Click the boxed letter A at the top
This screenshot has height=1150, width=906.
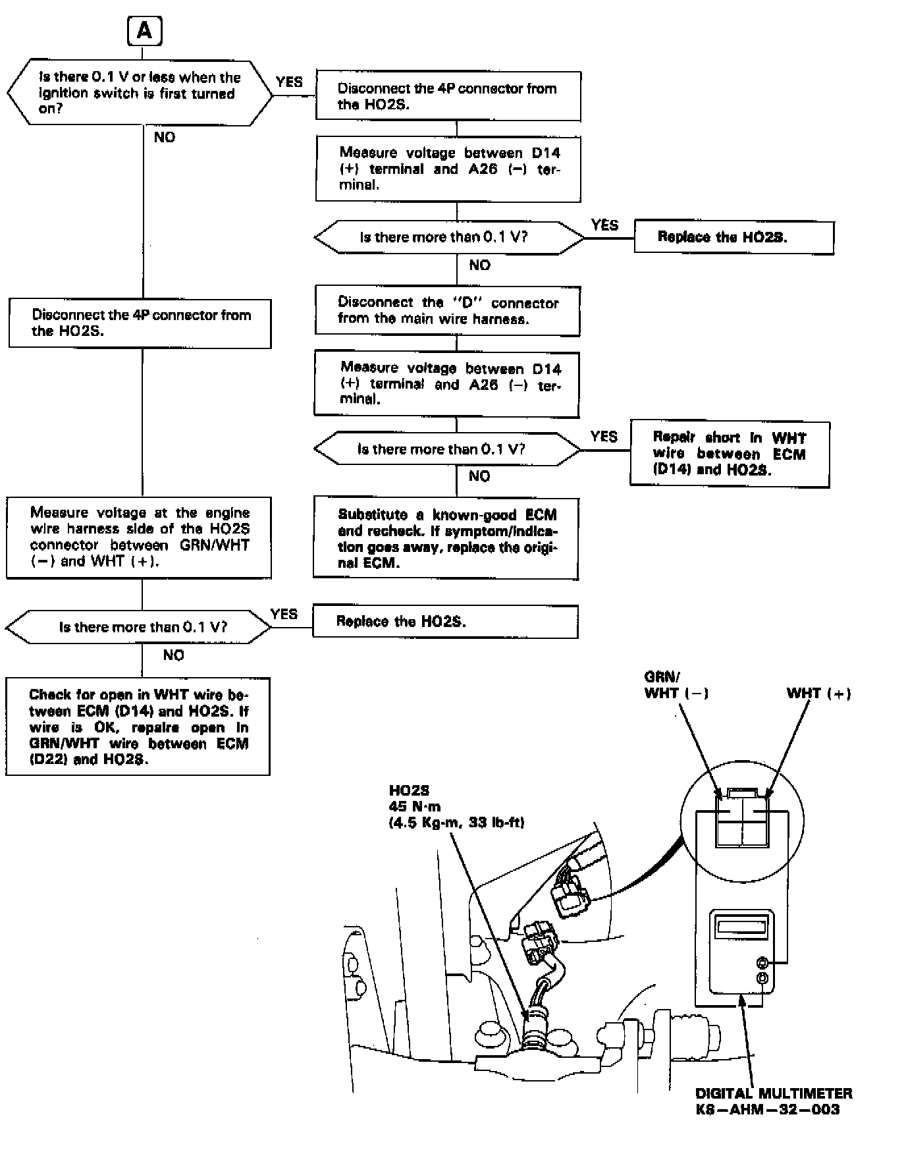144,32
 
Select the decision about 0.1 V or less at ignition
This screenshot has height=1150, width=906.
139,93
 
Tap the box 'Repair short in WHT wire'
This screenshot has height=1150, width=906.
729,454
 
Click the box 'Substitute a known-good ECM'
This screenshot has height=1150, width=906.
446,539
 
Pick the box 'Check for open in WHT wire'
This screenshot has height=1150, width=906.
138,726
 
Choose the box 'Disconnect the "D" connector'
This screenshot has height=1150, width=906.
447,311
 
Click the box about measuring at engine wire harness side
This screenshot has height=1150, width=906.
139,537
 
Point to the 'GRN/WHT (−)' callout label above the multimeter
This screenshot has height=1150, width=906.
676,685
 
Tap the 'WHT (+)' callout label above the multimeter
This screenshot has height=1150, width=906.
818,693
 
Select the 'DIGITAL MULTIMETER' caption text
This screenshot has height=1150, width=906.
774,1093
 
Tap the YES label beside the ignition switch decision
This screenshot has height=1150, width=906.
289,82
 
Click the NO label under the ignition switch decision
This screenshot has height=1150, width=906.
165,137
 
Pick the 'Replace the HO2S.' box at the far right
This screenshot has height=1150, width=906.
733,237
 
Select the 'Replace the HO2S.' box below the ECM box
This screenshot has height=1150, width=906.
445,622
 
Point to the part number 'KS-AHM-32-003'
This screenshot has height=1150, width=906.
768,1109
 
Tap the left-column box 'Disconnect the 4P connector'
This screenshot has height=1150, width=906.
140,323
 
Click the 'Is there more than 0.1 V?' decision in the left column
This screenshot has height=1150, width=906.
139,627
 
